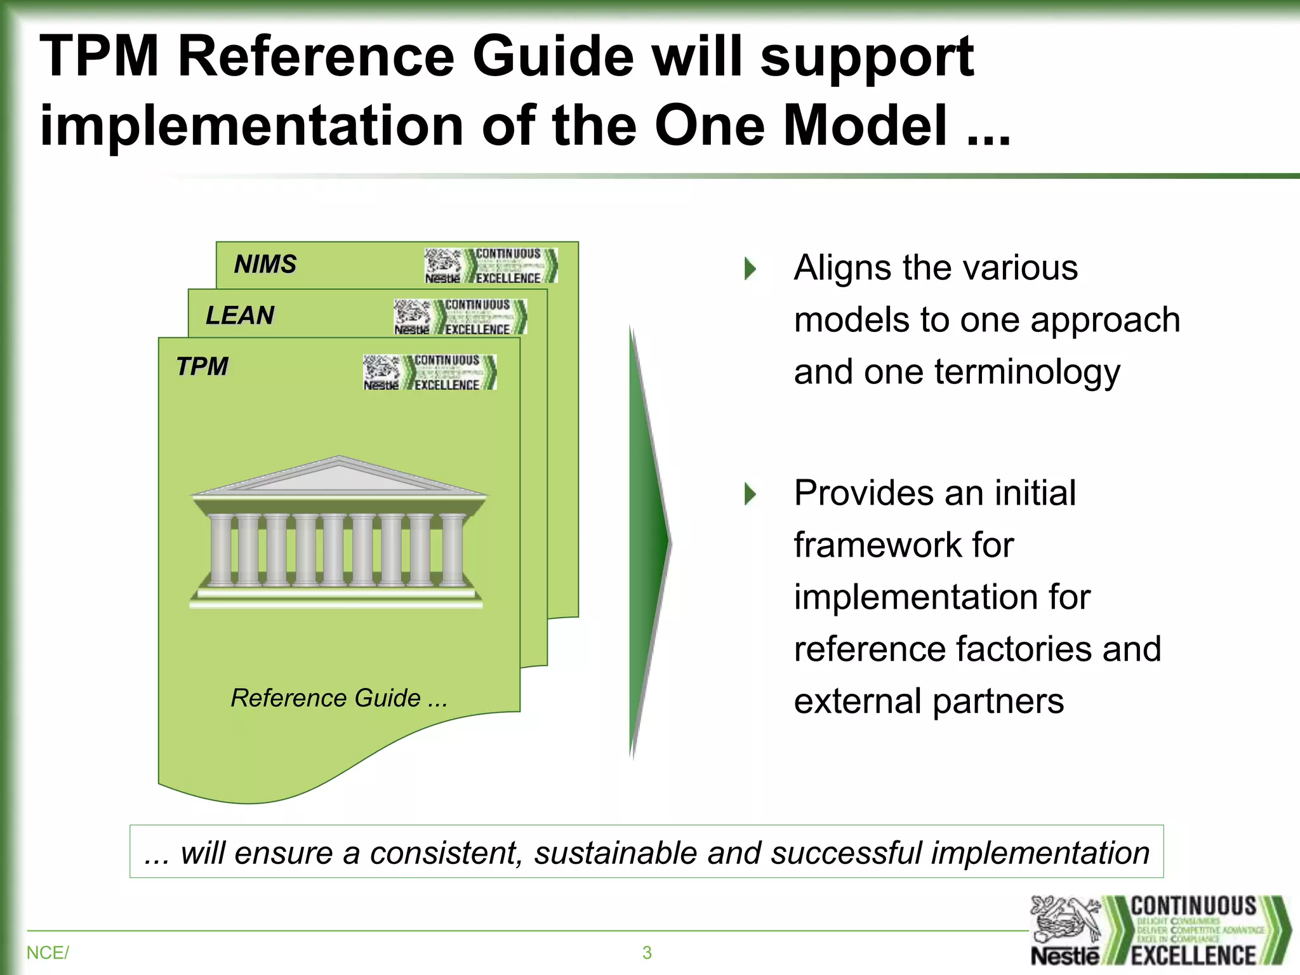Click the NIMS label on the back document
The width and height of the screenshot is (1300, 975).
[265, 264]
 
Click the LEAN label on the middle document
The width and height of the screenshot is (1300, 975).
[240, 315]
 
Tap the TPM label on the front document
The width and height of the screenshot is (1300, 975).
[202, 367]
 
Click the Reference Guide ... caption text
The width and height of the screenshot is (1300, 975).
[339, 698]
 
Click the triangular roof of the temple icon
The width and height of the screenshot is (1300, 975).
[340, 478]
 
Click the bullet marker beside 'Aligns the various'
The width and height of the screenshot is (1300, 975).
[750, 269]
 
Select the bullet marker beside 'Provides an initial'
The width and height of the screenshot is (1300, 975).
[750, 494]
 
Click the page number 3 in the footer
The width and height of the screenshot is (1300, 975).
[647, 953]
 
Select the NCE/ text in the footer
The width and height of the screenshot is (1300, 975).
[48, 953]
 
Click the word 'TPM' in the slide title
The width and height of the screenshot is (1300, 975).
[99, 57]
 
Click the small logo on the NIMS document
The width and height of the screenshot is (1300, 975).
[491, 265]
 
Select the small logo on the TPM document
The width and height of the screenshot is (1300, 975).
[429, 372]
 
